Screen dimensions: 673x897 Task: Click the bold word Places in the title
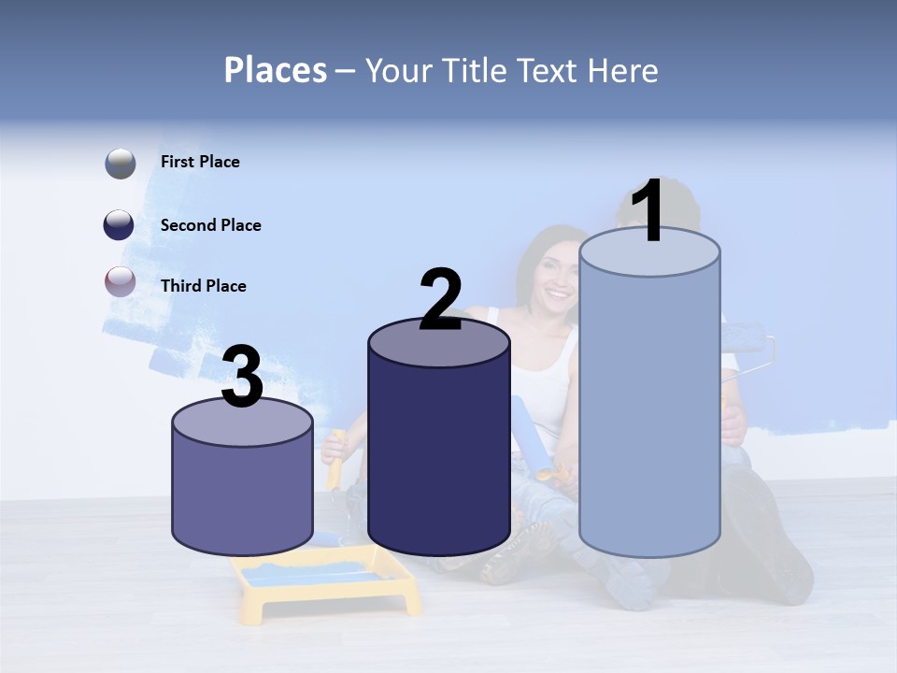[276, 70]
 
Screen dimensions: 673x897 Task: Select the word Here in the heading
[624, 70]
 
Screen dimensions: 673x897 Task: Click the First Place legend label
[200, 162]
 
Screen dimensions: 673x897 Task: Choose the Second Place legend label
[210, 225]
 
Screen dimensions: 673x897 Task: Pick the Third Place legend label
[203, 286]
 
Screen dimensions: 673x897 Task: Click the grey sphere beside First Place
[121, 164]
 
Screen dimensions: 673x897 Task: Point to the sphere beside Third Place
[121, 281]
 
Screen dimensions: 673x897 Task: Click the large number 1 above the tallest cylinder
[648, 212]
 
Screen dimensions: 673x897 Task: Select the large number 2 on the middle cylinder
[440, 299]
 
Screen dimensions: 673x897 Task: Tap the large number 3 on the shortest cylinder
[242, 377]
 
